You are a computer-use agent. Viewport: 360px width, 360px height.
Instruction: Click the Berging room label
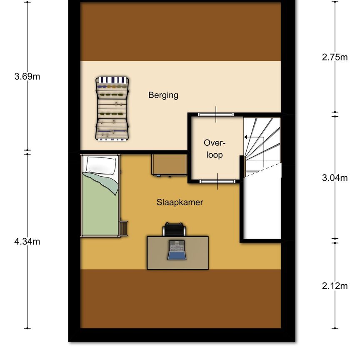pos(163,95)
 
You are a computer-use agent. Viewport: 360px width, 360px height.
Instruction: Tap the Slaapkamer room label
pos(180,202)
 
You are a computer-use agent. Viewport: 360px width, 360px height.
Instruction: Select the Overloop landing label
pos(214,149)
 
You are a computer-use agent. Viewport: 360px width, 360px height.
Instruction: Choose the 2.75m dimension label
pos(334,57)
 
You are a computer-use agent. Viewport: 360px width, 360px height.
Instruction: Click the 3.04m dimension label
pos(334,178)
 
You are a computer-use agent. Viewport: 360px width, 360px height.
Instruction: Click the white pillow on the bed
pos(100,165)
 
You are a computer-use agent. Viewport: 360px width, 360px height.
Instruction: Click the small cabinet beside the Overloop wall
pos(168,165)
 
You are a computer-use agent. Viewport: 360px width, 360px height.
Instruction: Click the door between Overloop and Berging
pos(215,114)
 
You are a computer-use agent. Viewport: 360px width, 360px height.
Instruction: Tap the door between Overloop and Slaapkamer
pos(217,181)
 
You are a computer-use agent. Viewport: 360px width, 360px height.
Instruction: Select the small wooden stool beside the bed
pos(124,228)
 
